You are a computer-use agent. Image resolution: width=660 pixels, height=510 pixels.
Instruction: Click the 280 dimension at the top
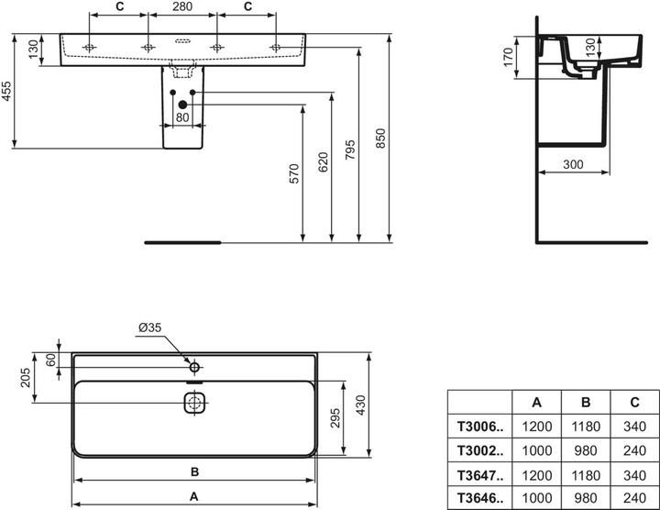182,6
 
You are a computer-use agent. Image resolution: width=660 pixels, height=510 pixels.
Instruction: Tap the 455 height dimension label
6,92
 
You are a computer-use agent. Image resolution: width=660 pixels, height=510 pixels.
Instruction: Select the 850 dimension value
380,139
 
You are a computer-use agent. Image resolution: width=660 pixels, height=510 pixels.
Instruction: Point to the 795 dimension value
350,150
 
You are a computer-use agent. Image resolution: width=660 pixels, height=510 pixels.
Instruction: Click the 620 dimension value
323,162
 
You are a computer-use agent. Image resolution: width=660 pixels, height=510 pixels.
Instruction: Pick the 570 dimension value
294,174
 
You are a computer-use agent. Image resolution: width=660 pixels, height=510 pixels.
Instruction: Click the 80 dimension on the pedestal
182,117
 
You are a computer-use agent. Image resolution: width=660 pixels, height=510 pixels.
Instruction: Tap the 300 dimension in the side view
573,164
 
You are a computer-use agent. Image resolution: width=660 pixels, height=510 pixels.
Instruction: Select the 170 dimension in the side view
509,57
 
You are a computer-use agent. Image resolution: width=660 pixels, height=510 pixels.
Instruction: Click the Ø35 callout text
149,327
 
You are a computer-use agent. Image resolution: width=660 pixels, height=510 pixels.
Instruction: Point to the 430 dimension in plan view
361,405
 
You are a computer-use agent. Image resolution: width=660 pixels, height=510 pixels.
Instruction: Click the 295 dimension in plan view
335,417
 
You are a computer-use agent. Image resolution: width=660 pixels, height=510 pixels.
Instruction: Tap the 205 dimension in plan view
26,378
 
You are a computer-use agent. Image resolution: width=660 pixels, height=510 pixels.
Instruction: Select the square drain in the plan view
194,403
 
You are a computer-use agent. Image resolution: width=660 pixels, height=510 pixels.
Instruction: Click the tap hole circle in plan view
194,367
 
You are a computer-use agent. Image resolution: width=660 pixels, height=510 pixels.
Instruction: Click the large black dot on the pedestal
182,105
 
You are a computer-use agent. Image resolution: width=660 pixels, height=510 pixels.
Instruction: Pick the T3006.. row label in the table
479,427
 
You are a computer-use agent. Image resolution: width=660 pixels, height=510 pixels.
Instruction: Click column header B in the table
586,402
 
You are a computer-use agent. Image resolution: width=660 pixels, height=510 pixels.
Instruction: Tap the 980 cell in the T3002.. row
586,450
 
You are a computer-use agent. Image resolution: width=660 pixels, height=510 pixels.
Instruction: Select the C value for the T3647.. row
634,475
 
